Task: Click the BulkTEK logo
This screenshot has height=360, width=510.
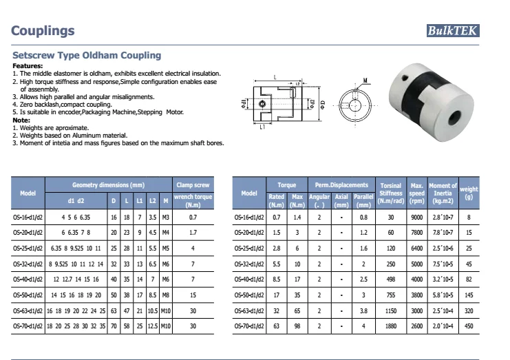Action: pos(452,30)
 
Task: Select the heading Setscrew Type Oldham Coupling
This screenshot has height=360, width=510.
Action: pos(87,55)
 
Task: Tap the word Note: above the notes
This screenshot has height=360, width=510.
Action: pos(21,122)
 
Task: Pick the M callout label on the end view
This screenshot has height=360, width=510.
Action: pos(364,79)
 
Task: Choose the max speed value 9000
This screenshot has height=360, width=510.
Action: pos(416,217)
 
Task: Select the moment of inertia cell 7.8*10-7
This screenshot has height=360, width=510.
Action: pos(442,233)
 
